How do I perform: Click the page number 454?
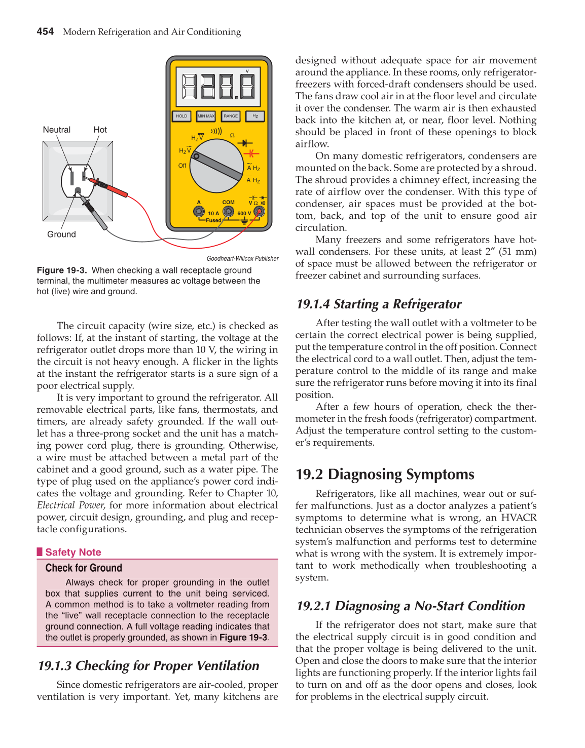[45, 31]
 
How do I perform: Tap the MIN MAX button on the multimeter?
[206, 116]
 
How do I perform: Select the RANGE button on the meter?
[231, 116]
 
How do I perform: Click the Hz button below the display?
[255, 116]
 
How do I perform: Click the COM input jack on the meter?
[229, 212]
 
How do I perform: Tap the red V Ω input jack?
[259, 212]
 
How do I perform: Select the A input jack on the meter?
[199, 212]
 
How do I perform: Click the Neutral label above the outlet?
[57, 130]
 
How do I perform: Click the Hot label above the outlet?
[100, 130]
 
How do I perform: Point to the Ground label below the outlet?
[61, 234]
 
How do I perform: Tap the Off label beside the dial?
[182, 166]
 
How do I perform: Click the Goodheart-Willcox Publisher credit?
[242, 258]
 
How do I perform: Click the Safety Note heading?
[73, 552]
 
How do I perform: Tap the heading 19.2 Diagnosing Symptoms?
[385, 475]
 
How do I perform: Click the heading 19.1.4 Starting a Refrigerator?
[379, 304]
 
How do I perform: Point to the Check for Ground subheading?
[84, 568]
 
